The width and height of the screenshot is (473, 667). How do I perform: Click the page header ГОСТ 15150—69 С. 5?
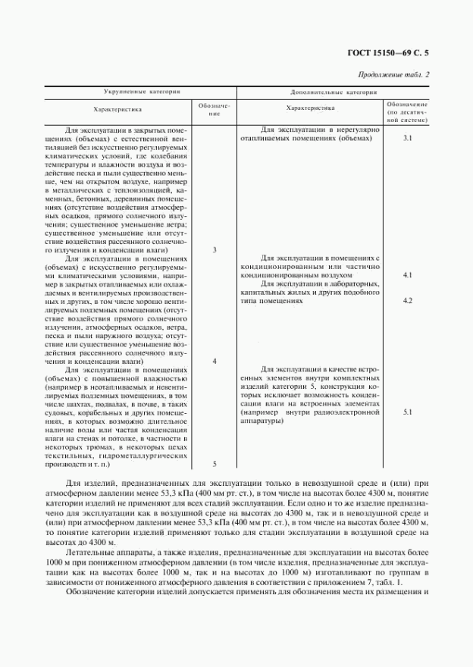(396, 53)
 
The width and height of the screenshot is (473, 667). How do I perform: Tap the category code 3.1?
(407, 139)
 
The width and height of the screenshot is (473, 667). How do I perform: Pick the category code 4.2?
(407, 301)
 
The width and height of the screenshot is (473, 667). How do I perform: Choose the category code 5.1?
(407, 412)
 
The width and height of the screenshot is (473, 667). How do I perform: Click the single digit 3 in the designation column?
(215, 249)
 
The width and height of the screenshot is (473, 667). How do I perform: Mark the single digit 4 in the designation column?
(215, 362)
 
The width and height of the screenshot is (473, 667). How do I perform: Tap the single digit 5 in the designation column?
(215, 464)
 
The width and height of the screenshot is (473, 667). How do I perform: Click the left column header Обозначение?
(215, 110)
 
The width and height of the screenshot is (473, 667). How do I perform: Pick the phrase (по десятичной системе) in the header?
(407, 115)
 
